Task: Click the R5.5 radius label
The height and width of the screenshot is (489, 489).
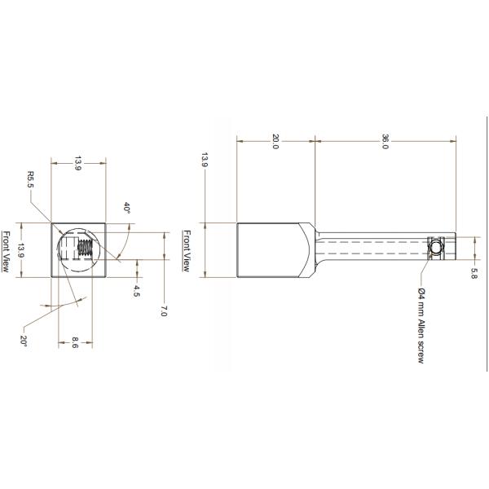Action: pos(31,179)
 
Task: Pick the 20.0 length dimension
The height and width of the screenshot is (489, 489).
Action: pos(275,143)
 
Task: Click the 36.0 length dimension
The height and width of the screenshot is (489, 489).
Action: pos(385,142)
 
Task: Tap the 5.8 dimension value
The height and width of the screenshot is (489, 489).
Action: pos(473,275)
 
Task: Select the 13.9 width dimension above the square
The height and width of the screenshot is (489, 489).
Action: pos(77,164)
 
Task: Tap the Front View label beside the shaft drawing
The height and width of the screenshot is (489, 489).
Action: pos(187,250)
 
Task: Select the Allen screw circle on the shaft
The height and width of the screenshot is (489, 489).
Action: pos(437,249)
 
